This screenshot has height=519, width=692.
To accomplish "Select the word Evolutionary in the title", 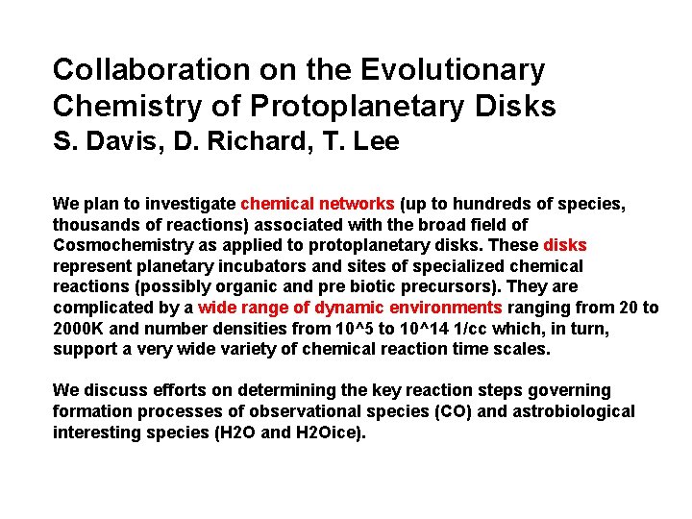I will pos(453,70).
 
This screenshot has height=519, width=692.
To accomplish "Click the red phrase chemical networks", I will pos(317,203).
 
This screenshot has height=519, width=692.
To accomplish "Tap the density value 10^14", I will pos(430,329).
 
